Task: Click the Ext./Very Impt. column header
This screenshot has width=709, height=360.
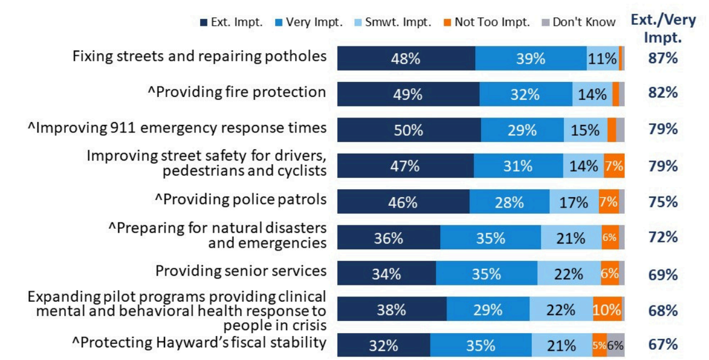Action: pos(663,29)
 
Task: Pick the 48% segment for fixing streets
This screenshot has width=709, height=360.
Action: pos(406,58)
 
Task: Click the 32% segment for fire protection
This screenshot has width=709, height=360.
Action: pos(525,94)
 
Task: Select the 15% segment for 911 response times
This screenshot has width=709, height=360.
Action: pos(585,130)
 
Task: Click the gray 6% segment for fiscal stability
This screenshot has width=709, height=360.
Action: pos(616,346)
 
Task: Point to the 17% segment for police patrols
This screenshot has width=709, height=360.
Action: pos(574,202)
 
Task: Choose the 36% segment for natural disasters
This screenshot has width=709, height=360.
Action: pos(389,238)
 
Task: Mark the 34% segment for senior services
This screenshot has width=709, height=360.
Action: pos(386,274)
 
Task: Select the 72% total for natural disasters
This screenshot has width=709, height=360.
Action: pos(663,237)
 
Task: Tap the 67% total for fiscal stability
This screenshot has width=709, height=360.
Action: pos(663,345)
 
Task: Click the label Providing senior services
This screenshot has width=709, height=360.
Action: pos(241,271)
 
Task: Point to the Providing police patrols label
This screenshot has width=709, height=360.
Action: pos(241,199)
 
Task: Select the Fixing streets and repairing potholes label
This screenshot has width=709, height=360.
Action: pos(199,56)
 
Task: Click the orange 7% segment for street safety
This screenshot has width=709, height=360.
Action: pos(614,166)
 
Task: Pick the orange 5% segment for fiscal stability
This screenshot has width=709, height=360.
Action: pos(600,346)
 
